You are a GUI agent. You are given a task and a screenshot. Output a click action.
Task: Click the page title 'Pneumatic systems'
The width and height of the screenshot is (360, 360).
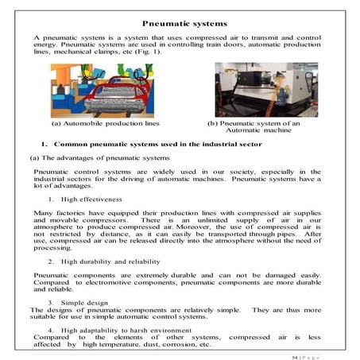(x=180, y=25)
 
